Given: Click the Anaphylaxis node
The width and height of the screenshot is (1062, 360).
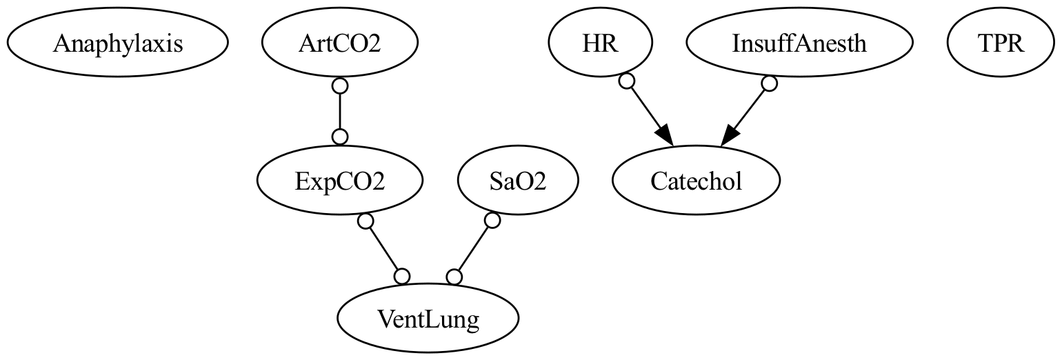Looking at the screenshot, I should [x=117, y=43].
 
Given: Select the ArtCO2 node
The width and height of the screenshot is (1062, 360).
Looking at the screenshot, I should [x=340, y=43].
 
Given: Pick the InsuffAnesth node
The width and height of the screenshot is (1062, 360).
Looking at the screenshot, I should [x=799, y=43].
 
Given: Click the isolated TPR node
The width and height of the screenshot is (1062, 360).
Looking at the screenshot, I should [x=1001, y=43].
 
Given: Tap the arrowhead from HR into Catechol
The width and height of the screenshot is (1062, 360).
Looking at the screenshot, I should [x=665, y=136].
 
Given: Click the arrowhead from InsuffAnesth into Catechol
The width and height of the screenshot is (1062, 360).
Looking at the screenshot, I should [x=730, y=136].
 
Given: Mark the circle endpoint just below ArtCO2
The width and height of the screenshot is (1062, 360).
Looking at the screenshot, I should [x=340, y=86].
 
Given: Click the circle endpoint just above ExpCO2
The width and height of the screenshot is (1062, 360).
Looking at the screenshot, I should [x=340, y=137].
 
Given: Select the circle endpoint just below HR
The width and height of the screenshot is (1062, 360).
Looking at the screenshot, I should [x=626, y=81].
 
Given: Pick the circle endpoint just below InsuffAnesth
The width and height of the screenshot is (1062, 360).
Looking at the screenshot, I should [x=769, y=83].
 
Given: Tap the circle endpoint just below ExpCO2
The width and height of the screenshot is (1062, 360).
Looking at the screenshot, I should [x=366, y=221].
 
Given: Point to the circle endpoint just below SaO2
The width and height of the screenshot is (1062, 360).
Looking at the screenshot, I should [x=492, y=220].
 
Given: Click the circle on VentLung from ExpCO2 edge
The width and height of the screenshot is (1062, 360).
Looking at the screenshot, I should [x=402, y=277].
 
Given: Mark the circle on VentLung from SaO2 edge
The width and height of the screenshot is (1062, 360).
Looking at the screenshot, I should [x=454, y=277].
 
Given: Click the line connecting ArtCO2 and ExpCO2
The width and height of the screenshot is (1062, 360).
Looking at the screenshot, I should [x=340, y=112].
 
